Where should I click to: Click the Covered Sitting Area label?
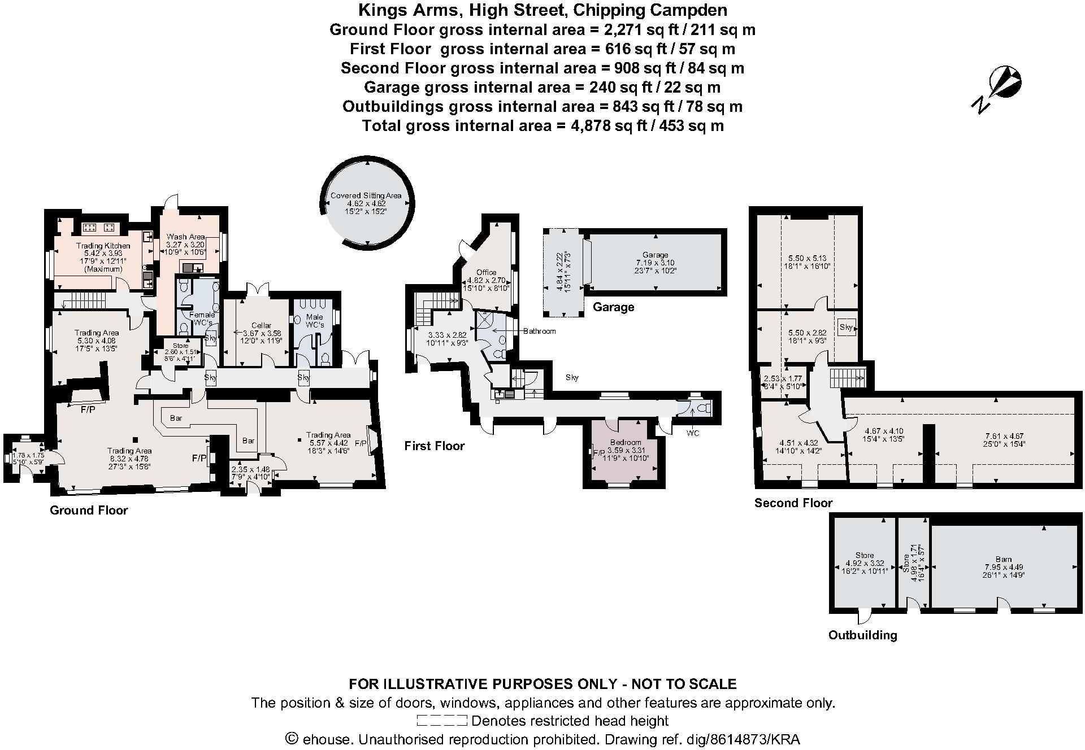click(366, 195)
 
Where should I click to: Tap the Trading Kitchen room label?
click(103, 246)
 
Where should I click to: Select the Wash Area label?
click(185, 237)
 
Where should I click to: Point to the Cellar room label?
click(261, 325)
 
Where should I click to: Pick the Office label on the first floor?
click(486, 272)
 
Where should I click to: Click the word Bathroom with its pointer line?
click(539, 331)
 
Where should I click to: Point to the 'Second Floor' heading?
click(793, 503)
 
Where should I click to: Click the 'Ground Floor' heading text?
click(89, 510)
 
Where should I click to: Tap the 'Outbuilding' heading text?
click(862, 635)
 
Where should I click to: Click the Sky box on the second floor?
click(846, 327)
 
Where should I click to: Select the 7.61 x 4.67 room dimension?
click(1004, 436)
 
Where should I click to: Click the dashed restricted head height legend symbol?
click(442, 721)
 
